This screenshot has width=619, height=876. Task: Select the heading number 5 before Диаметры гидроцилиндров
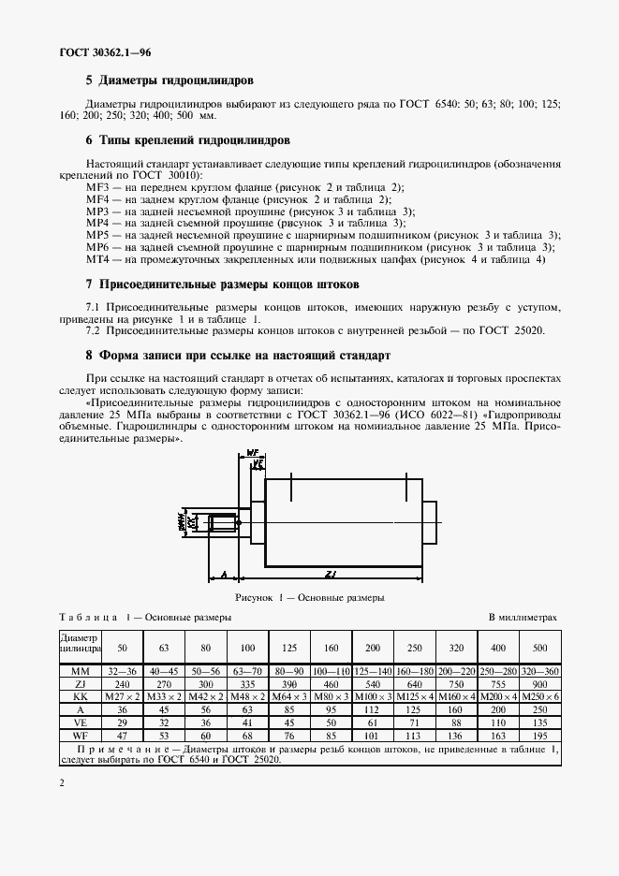tap(89, 80)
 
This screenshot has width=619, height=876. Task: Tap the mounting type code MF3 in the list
tap(97, 188)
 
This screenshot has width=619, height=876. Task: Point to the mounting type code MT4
tap(97, 258)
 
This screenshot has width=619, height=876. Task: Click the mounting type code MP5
tap(97, 235)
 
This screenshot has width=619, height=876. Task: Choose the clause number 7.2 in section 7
tap(94, 330)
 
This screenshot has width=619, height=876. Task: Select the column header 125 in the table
tap(289, 648)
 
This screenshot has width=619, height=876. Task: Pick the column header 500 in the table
tap(539, 648)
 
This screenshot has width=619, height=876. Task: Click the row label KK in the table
tap(80, 696)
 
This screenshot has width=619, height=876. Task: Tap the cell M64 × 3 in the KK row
tap(289, 696)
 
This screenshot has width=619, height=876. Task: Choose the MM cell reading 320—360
tap(539, 671)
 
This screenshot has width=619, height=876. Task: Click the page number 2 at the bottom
tap(61, 782)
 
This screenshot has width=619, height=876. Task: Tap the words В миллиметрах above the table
tap(524, 618)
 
